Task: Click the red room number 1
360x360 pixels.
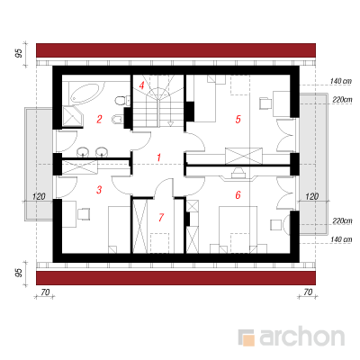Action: click(159, 157)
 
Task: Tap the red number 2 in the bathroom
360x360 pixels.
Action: click(99, 119)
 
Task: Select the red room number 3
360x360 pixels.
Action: click(99, 190)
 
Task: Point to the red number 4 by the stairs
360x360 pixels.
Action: click(141, 85)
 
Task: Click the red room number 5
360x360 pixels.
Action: click(238, 119)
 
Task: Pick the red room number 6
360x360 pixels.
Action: click(238, 195)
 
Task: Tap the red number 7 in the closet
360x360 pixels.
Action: click(161, 217)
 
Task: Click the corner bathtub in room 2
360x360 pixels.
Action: click(85, 93)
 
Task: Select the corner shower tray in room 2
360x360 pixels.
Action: click(72, 117)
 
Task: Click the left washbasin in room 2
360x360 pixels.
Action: click(84, 152)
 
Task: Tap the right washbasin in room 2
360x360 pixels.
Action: click(102, 152)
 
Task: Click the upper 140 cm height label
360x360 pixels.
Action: click(341, 81)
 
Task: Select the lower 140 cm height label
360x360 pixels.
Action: click(341, 239)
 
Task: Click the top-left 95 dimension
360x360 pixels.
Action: click(19, 53)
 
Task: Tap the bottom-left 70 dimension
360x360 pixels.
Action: click(45, 292)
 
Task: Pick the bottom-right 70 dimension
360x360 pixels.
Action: click(308, 292)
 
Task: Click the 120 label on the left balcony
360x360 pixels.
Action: click(39, 197)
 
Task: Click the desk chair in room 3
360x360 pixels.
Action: click(84, 214)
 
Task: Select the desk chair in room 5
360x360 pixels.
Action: click(265, 103)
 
